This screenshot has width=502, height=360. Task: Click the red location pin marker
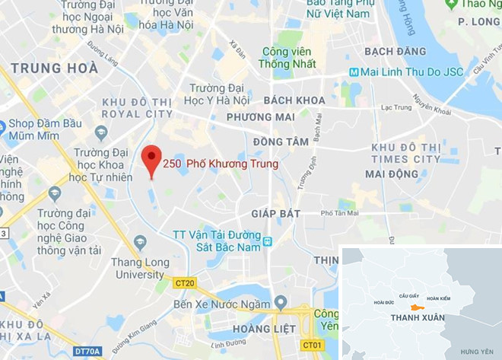click(152, 158)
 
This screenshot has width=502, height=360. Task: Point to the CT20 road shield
click(185, 283)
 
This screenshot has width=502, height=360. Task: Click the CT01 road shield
click(313, 345)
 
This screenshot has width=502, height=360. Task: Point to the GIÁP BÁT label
click(276, 213)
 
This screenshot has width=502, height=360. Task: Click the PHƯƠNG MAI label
click(260, 117)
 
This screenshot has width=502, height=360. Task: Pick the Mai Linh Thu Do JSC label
click(404, 72)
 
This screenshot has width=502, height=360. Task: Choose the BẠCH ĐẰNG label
click(390, 51)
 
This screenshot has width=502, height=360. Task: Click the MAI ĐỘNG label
click(392, 174)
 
